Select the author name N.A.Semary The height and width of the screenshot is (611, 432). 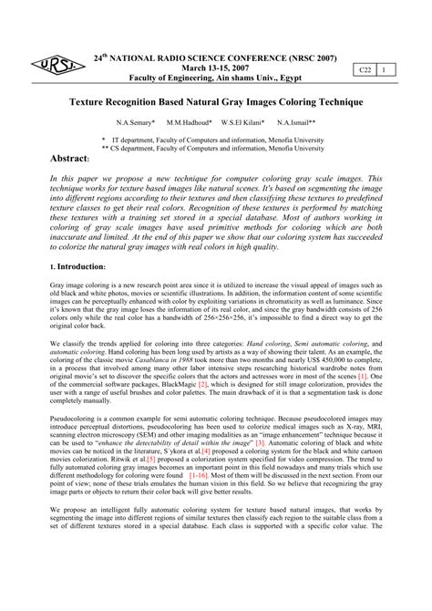pyautogui.click(x=136, y=121)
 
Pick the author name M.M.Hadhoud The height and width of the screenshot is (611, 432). pyautogui.click(x=190, y=121)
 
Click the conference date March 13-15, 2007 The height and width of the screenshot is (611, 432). pyautogui.click(x=214, y=67)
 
